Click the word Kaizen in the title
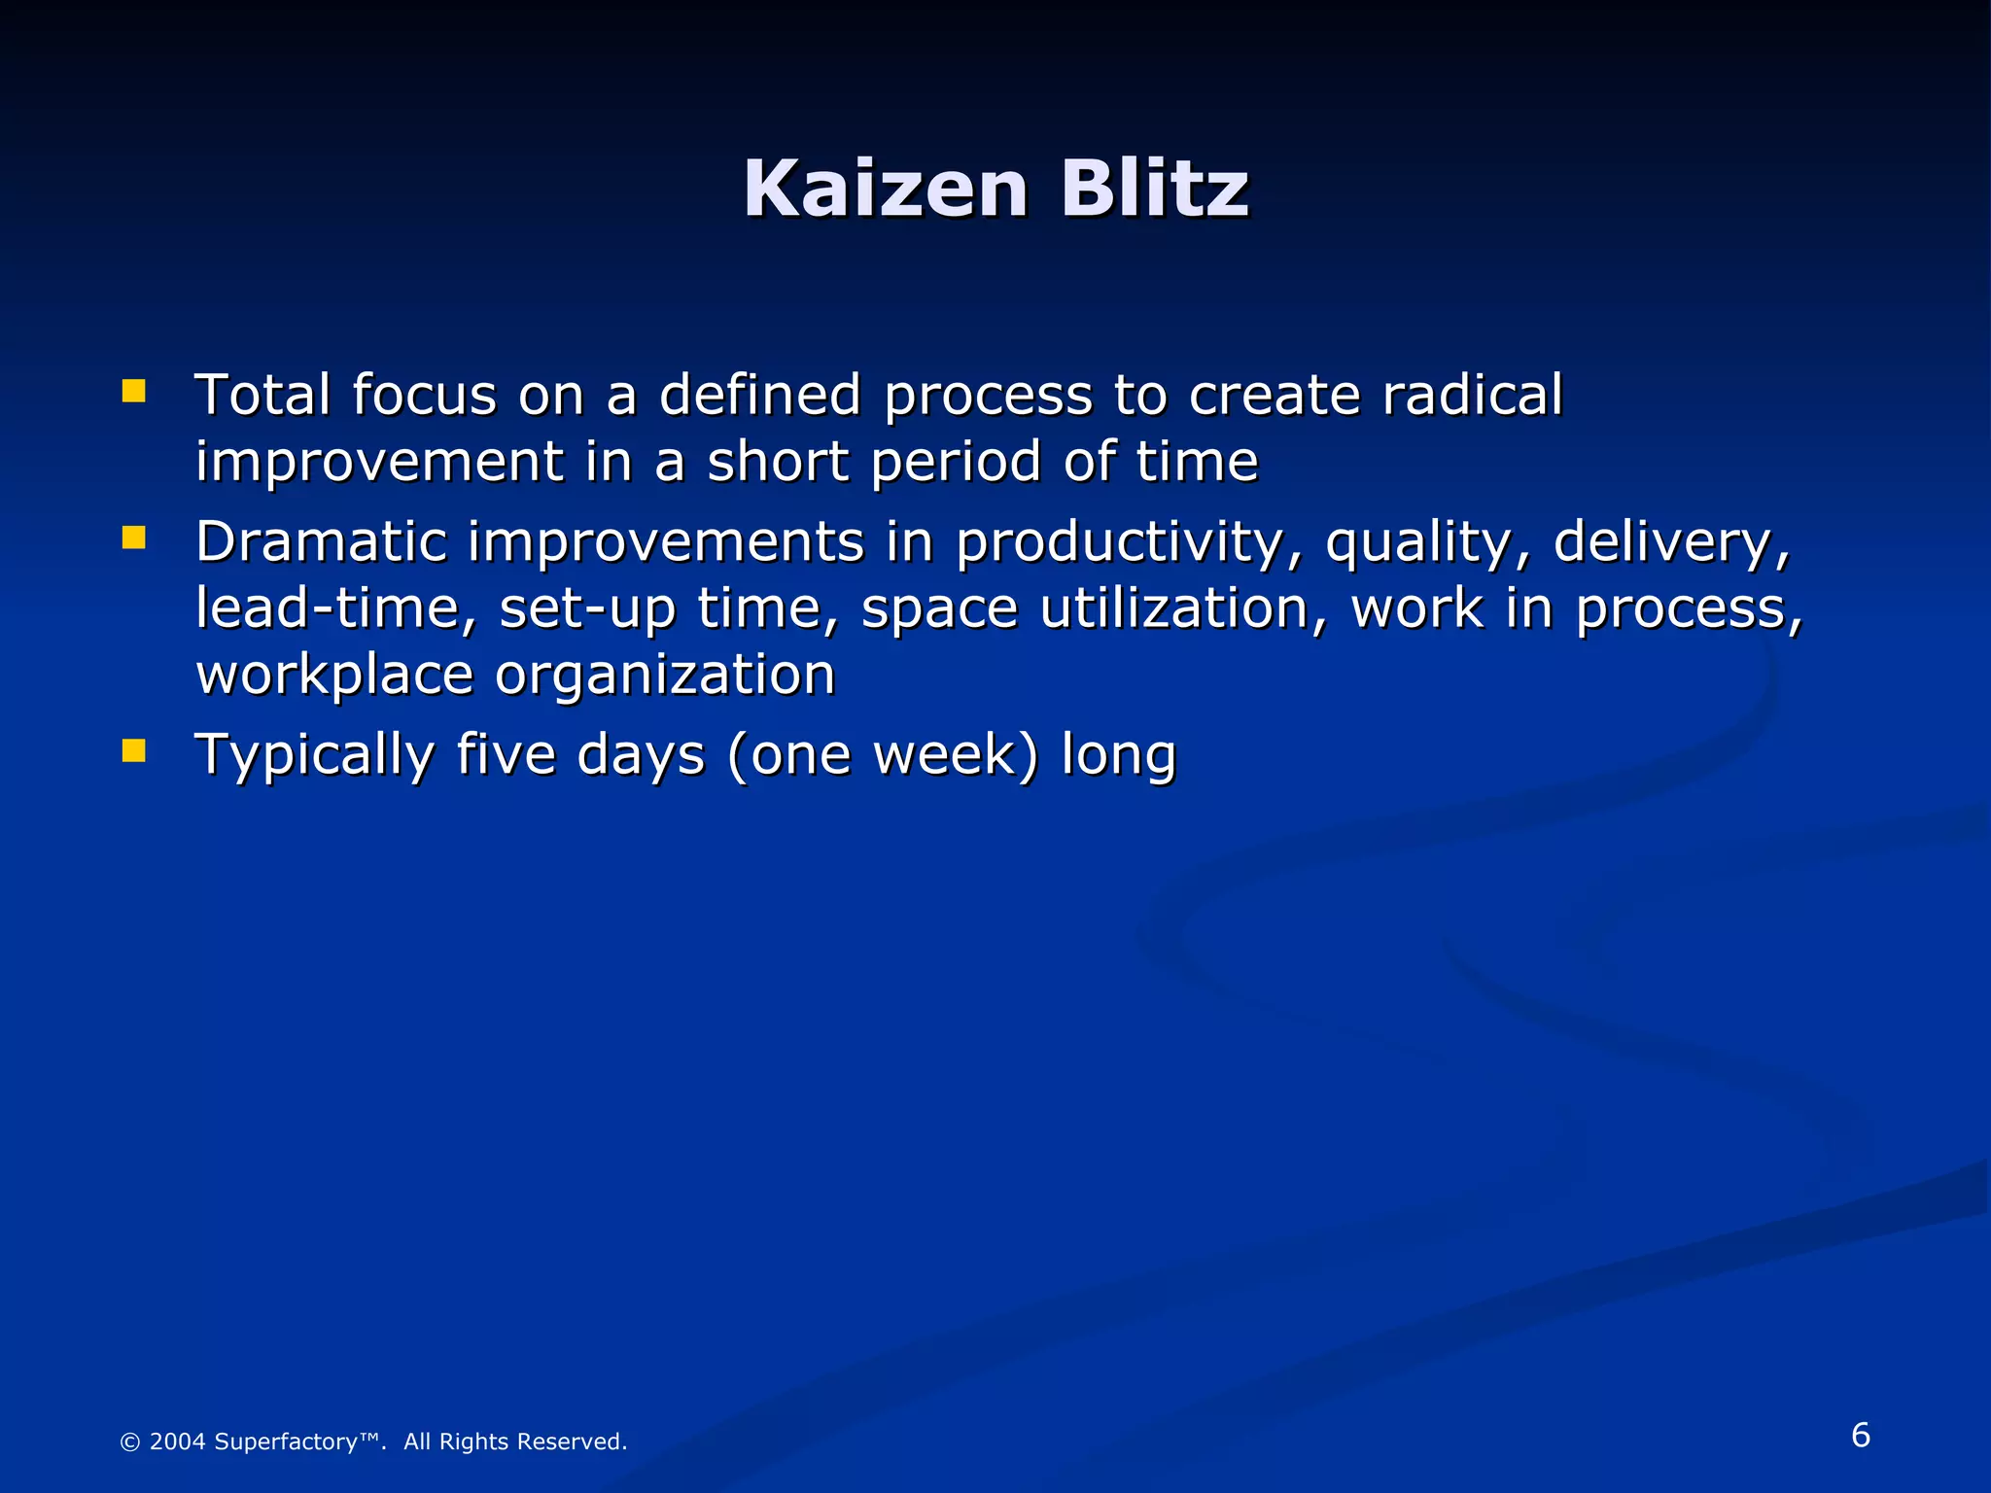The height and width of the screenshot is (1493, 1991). tap(886, 189)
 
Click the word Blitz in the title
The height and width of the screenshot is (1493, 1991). tap(1154, 189)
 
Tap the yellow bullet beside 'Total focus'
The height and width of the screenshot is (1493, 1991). tap(133, 391)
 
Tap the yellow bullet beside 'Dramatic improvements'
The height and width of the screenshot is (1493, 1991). tap(133, 538)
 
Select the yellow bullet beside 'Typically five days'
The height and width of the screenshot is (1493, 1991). tap(133, 750)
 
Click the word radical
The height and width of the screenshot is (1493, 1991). tap(1472, 395)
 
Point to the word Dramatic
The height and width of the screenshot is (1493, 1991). tap(320, 541)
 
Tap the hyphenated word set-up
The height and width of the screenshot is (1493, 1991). tap(587, 610)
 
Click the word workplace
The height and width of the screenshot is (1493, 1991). tap(334, 677)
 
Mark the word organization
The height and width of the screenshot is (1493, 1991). tap(665, 677)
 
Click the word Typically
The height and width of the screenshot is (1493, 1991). tap(314, 756)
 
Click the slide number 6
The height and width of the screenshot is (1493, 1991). tap(1860, 1435)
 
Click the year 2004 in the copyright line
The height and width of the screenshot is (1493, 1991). tap(177, 1441)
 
